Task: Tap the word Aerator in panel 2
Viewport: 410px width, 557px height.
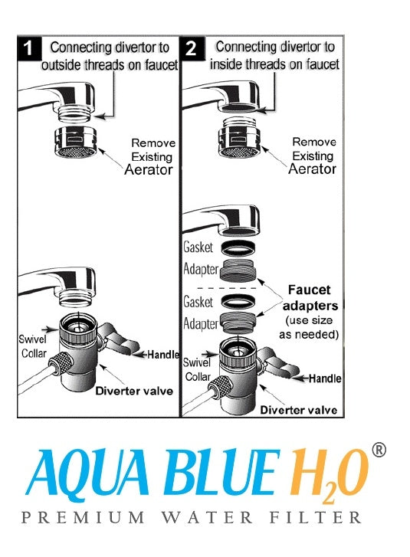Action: tap(313, 169)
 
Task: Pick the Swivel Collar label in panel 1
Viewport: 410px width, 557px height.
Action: tap(33, 345)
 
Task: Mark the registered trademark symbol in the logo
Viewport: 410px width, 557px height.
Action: tap(378, 450)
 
